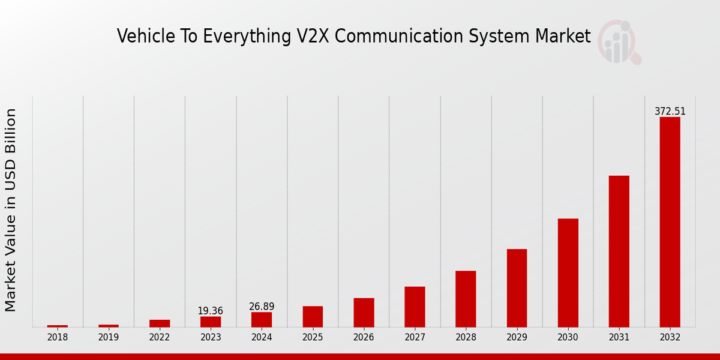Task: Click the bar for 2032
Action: [x=670, y=222]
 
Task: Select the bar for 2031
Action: [x=619, y=251]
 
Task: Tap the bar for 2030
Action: [x=568, y=273]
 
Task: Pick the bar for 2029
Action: [x=517, y=288]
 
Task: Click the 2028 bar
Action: [x=466, y=299]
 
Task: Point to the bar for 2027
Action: [x=415, y=307]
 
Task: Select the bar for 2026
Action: [x=364, y=313]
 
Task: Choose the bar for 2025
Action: [x=313, y=317]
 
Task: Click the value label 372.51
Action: [x=670, y=112]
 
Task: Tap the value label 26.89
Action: [x=262, y=307]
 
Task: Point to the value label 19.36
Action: [x=211, y=311]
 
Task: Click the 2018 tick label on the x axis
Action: [x=58, y=337]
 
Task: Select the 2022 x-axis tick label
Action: [x=160, y=337]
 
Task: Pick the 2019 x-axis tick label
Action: [x=109, y=337]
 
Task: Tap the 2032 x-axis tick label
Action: [x=670, y=337]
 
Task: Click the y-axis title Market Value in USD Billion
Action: [x=11, y=210]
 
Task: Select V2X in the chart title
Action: [x=313, y=36]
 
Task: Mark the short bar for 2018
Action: [x=58, y=326]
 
